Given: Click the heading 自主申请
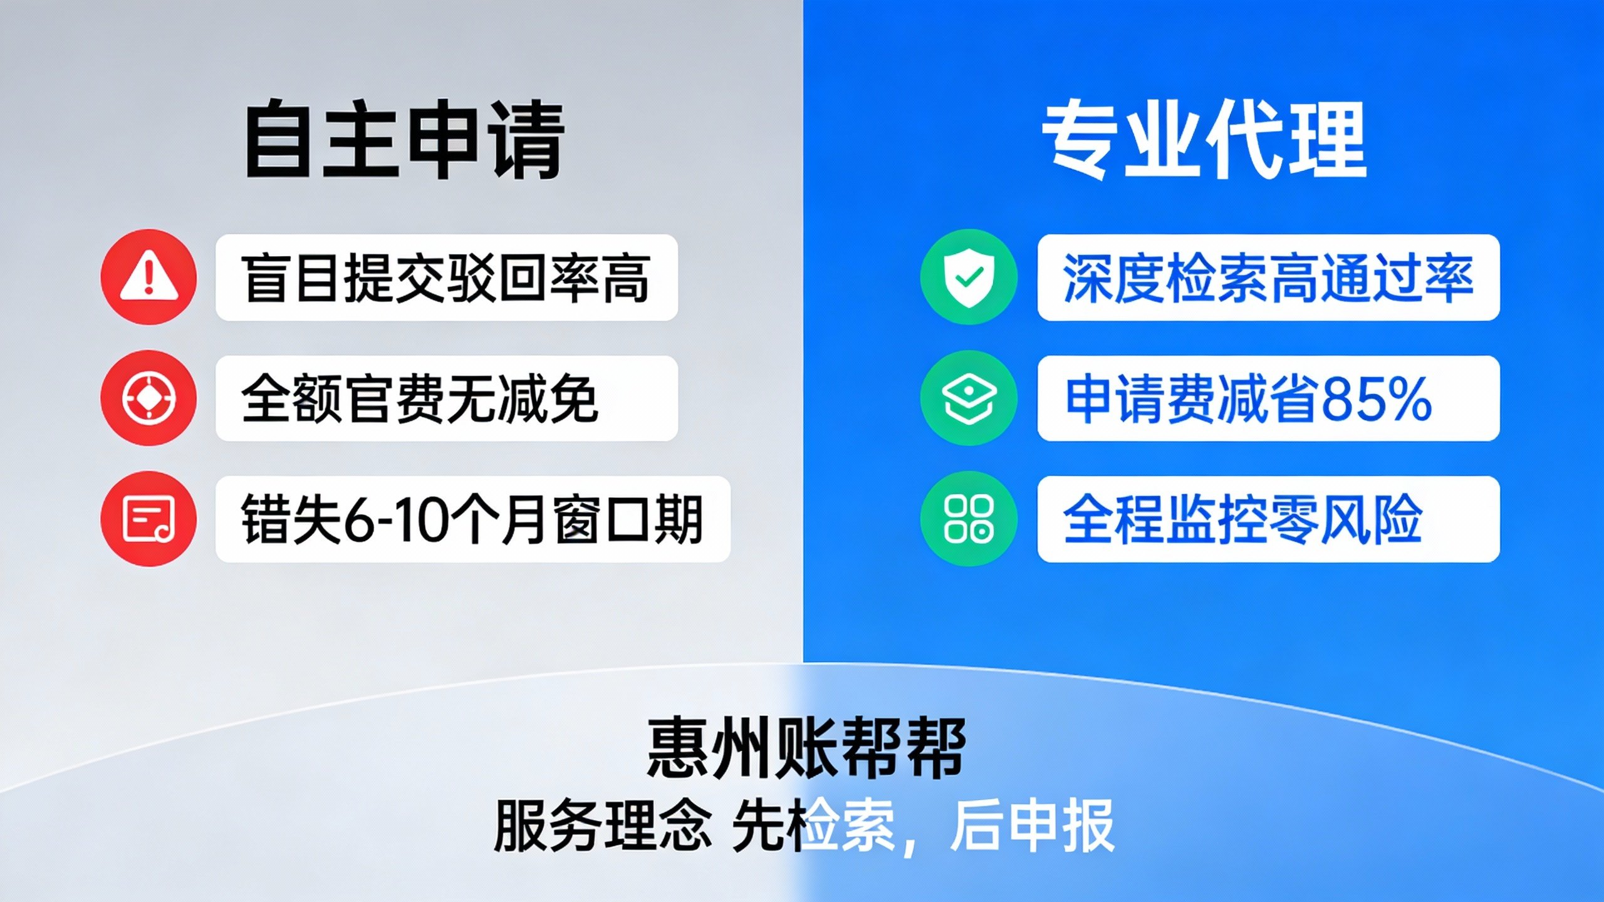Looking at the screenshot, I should [405, 139].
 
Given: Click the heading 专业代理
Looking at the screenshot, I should [1203, 139].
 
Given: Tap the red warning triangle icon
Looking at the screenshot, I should [148, 277].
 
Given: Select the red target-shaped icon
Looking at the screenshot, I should [148, 398].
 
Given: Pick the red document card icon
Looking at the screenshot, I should [148, 519].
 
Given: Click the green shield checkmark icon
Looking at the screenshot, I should [969, 277].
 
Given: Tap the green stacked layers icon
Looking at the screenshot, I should [969, 398].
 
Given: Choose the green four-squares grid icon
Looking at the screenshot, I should [969, 519].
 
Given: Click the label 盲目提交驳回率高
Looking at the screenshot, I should [445, 278].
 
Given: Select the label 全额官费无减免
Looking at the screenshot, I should [419, 398].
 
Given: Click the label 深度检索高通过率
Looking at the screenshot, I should [1268, 278].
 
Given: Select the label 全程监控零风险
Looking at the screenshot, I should [1242, 519].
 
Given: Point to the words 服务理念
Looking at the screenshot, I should [603, 826].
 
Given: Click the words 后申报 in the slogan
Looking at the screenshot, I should [1032, 826].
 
